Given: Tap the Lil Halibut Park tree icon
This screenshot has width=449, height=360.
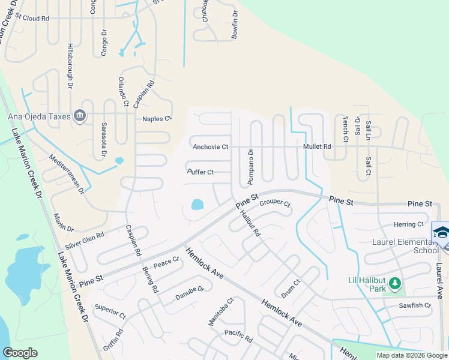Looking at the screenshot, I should [x=394, y=283].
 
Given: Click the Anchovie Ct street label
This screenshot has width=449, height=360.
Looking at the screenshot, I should [x=210, y=146].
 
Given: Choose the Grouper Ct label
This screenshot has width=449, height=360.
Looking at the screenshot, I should [x=275, y=203].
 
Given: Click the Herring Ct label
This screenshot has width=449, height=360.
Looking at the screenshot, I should [x=409, y=224].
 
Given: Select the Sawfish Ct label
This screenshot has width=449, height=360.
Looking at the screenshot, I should [x=415, y=305].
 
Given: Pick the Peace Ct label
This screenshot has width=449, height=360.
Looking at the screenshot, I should [x=166, y=262].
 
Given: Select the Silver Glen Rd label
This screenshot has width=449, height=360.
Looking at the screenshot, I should [x=85, y=241].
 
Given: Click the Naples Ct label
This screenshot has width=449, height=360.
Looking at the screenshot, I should [x=157, y=119].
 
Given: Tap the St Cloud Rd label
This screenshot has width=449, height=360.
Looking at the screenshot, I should [x=32, y=19].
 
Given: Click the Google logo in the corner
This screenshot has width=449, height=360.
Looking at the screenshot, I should [x=20, y=353].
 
